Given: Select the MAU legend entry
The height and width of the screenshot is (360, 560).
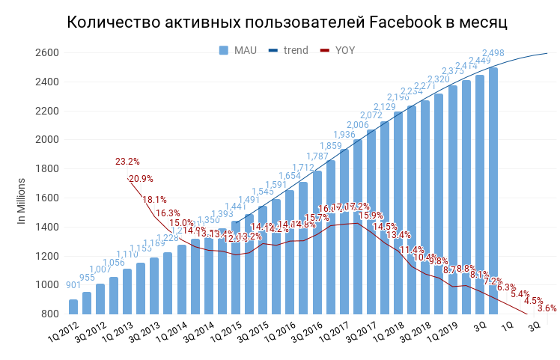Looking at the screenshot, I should point(238,50).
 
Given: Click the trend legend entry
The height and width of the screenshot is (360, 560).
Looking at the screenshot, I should point(288,50).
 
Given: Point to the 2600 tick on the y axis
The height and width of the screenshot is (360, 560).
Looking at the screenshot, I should point(46,53).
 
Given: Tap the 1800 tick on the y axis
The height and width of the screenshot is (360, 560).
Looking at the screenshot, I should point(46,169).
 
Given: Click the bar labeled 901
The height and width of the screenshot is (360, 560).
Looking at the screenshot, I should point(73,307).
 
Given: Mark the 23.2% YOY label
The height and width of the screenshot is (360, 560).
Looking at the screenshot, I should point(127,162).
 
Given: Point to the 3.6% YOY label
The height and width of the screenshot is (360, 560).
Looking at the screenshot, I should point(547,308).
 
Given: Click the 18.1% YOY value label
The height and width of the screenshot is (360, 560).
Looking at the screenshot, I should point(154,200).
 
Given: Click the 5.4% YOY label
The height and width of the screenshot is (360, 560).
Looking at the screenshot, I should point(520,294).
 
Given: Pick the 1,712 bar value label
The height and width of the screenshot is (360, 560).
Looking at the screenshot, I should point(303,168).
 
